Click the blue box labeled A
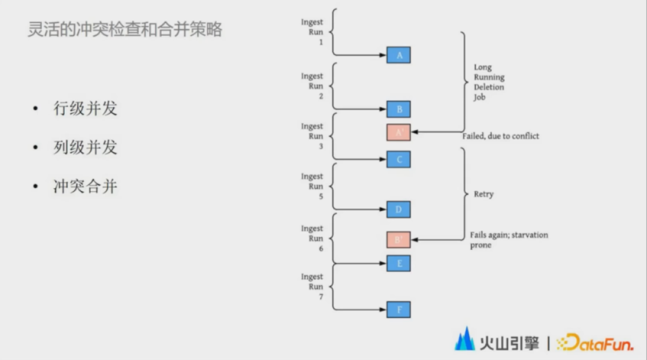pyautogui.click(x=398, y=56)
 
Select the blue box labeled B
pyautogui.click(x=398, y=110)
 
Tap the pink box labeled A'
pyautogui.click(x=398, y=132)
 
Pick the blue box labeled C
pyautogui.click(x=398, y=159)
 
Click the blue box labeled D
pyautogui.click(x=398, y=210)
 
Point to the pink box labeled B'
pyautogui.click(x=398, y=240)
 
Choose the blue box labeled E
pyautogui.click(x=398, y=263)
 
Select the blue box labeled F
pyautogui.click(x=398, y=310)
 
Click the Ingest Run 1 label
pyautogui.click(x=312, y=32)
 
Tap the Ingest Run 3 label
pyautogui.click(x=312, y=136)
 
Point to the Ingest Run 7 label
pyautogui.click(x=312, y=286)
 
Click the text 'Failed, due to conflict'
pyautogui.click(x=500, y=136)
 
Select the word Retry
pyautogui.click(x=483, y=195)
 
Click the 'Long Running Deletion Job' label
pyautogui.click(x=489, y=82)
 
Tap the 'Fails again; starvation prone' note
pyautogui.click(x=509, y=240)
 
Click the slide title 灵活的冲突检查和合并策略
pyautogui.click(x=125, y=29)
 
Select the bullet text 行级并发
pyautogui.click(x=85, y=108)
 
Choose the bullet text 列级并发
pyautogui.click(x=85, y=147)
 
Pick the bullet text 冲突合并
pyautogui.click(x=85, y=186)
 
